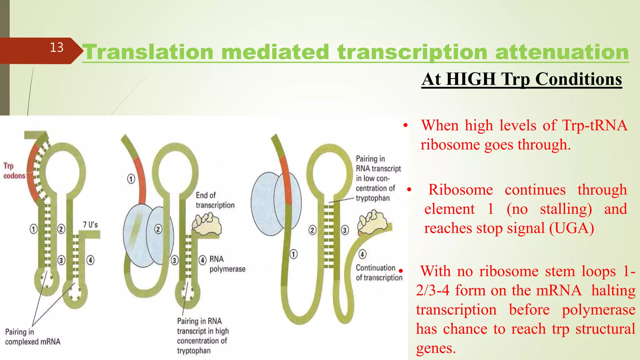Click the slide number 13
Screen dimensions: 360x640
(57, 47)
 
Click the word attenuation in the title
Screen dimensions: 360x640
(562, 52)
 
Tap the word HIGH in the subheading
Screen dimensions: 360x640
(471, 79)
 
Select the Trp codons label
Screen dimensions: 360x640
(14, 171)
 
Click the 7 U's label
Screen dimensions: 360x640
(90, 225)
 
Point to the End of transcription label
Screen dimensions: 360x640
(214, 200)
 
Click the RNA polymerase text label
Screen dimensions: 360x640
(227, 264)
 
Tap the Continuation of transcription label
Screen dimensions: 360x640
(378, 273)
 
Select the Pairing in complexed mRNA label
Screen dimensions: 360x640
(32, 337)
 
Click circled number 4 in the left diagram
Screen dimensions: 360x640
(90, 260)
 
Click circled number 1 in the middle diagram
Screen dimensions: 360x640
(131, 179)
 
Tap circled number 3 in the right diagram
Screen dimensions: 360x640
(345, 230)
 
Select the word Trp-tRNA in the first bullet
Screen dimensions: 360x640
(594, 126)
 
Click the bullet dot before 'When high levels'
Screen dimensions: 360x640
(405, 126)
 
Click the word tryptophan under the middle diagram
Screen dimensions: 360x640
(193, 351)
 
